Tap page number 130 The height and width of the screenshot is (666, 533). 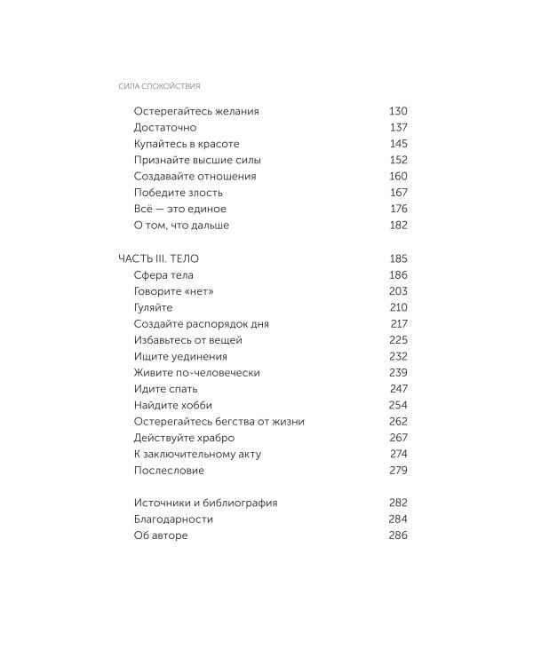coord(398,111)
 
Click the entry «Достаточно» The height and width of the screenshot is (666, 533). coord(165,128)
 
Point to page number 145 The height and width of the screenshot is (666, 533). coord(398,144)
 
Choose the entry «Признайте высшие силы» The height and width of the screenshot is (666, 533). coord(197,160)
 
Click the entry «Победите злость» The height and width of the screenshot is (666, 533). coord(179,193)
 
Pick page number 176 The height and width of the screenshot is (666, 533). coord(398,209)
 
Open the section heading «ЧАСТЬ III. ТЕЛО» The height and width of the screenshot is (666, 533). coord(159,258)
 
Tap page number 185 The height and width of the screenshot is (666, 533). coord(398,258)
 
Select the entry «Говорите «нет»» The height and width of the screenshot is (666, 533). coord(174,291)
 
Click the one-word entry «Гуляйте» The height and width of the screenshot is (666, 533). coord(154,307)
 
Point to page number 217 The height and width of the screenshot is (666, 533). coord(398,324)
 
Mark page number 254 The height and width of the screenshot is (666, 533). coord(398,405)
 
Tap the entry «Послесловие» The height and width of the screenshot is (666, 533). coord(169,471)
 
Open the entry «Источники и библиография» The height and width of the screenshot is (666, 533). coord(205,503)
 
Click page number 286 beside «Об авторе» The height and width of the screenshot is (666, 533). coord(398,535)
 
